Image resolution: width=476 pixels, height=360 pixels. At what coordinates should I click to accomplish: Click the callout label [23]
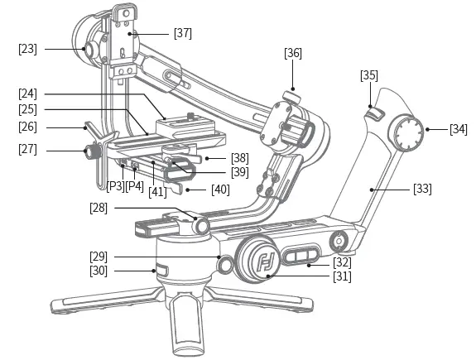27,49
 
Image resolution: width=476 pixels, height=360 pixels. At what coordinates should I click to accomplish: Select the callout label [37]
182,33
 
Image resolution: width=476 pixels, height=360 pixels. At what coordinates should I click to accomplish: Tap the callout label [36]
293,53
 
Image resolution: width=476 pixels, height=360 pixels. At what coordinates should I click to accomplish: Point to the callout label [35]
370,76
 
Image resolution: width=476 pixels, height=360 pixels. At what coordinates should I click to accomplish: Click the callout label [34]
458,129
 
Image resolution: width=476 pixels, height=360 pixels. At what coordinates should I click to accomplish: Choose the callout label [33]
422,189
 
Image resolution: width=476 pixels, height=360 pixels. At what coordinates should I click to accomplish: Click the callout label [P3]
115,185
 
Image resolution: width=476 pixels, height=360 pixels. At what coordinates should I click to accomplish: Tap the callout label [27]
27,150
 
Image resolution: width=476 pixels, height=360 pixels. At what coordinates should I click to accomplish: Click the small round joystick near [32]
338,242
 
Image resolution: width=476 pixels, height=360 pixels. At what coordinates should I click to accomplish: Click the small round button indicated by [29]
223,263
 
